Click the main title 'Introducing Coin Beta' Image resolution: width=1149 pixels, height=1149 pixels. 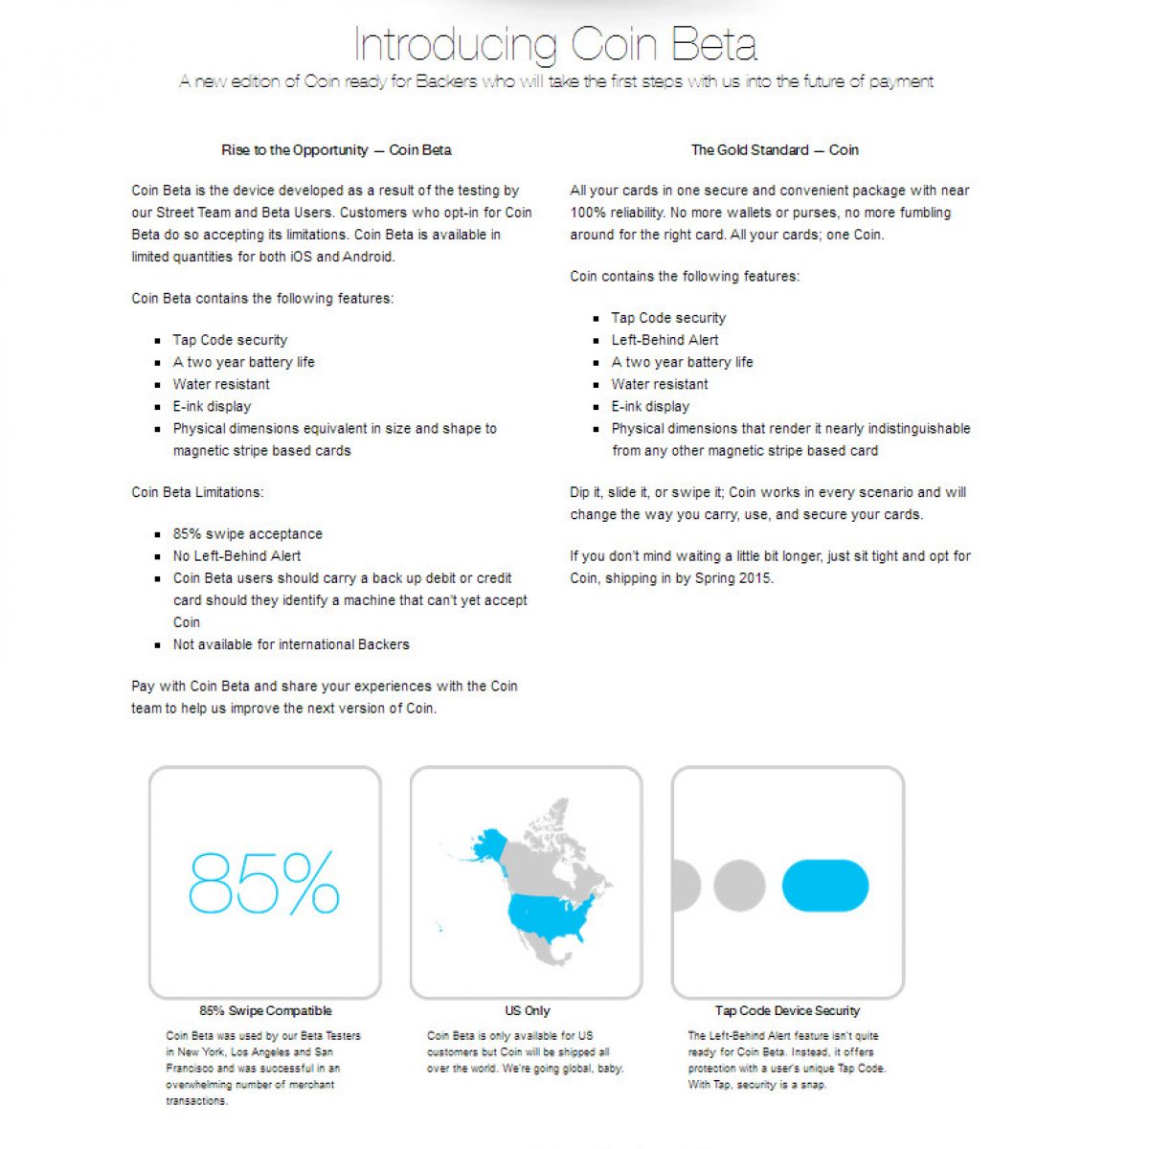[x=555, y=44]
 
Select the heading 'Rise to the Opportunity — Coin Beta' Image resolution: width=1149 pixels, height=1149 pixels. [x=336, y=150]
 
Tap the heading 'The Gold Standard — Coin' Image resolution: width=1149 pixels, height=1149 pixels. [x=775, y=150]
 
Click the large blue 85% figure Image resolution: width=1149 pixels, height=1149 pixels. [x=264, y=883]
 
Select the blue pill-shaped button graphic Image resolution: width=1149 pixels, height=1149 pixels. [x=825, y=885]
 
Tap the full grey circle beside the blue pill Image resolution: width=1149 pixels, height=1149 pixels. [x=739, y=885]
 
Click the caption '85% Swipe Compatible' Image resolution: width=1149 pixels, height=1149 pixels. [x=265, y=1010]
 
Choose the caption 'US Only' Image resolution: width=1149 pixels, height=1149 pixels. [x=528, y=1010]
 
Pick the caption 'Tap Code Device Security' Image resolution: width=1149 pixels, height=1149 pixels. [x=787, y=1010]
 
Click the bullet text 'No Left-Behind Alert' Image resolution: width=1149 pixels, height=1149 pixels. [x=237, y=556]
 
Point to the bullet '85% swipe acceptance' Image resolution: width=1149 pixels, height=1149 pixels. [x=247, y=534]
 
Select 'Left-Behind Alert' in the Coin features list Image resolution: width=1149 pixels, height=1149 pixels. [x=665, y=340]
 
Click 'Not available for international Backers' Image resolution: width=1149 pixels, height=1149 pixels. [x=291, y=644]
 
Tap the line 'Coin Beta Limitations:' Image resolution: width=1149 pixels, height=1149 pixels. [x=197, y=492]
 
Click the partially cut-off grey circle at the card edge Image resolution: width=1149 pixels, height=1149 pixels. [x=685, y=885]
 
